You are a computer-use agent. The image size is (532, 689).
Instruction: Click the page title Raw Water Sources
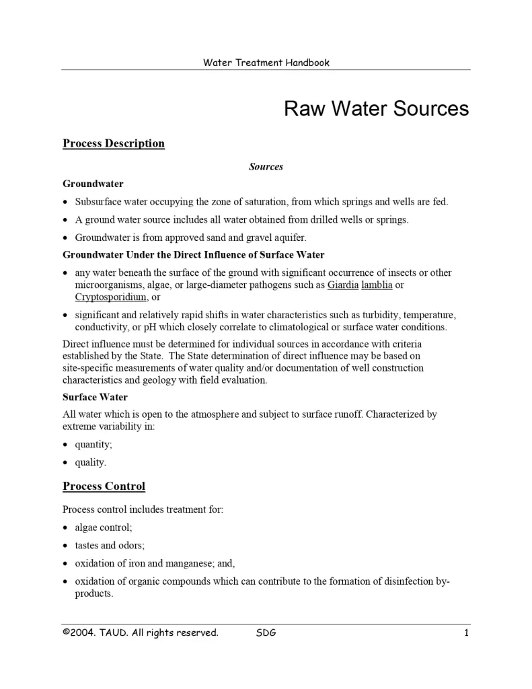pyautogui.click(x=376, y=109)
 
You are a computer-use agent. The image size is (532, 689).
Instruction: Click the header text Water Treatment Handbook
pyautogui.click(x=266, y=63)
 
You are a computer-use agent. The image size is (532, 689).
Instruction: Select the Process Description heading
pyautogui.click(x=114, y=143)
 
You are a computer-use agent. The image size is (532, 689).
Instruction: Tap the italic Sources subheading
pyautogui.click(x=266, y=166)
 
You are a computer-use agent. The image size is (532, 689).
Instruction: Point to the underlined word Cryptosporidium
pyautogui.click(x=111, y=297)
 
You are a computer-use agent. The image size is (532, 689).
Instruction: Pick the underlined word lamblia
pyautogui.click(x=377, y=285)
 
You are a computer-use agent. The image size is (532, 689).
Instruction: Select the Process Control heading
pyautogui.click(x=104, y=486)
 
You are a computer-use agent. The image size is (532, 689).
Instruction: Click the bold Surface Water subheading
pyautogui.click(x=95, y=397)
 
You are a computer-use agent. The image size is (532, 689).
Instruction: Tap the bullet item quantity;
pyautogui.click(x=93, y=445)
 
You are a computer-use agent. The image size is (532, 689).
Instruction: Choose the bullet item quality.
pyautogui.click(x=90, y=462)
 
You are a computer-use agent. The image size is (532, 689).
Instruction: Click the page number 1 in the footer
pyautogui.click(x=466, y=632)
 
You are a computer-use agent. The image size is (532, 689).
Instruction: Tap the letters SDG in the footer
pyautogui.click(x=266, y=632)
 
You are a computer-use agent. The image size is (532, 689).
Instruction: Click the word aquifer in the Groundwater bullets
pyautogui.click(x=291, y=238)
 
